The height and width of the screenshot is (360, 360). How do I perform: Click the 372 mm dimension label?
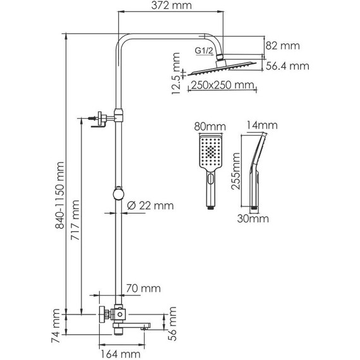pos(171,5)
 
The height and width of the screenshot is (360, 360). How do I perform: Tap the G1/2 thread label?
pos(204,51)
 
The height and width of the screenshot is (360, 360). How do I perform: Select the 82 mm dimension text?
pos(282,45)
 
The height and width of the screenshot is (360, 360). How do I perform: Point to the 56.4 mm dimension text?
pos(287,66)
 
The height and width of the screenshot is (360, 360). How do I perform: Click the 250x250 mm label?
pos(222,85)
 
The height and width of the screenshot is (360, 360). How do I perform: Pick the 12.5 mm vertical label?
pos(176,73)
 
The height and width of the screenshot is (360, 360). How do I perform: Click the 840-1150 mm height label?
pos(60,195)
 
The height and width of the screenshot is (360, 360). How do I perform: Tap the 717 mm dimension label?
pos(75,220)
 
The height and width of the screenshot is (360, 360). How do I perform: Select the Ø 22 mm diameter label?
pos(150,205)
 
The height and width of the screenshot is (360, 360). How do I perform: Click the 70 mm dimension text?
pos(143,289)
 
